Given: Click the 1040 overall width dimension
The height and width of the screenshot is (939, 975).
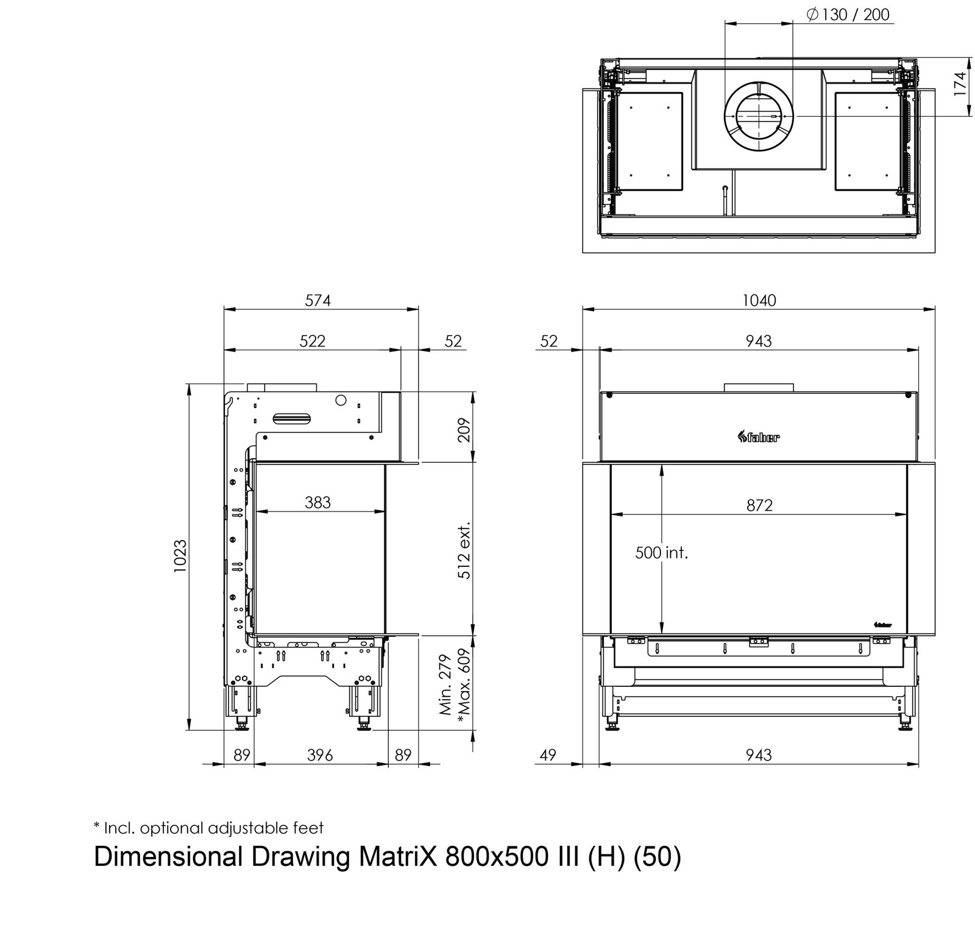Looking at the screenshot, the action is (759, 300).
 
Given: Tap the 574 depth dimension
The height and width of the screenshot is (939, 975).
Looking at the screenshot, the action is (318, 300).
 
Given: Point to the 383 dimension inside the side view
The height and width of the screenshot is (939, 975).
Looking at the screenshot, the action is (317, 502).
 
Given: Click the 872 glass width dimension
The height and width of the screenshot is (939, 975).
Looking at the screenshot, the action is (759, 505).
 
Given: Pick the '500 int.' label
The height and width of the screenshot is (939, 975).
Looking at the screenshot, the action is (661, 553).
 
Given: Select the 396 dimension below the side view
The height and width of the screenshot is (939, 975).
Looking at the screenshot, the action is (320, 755).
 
